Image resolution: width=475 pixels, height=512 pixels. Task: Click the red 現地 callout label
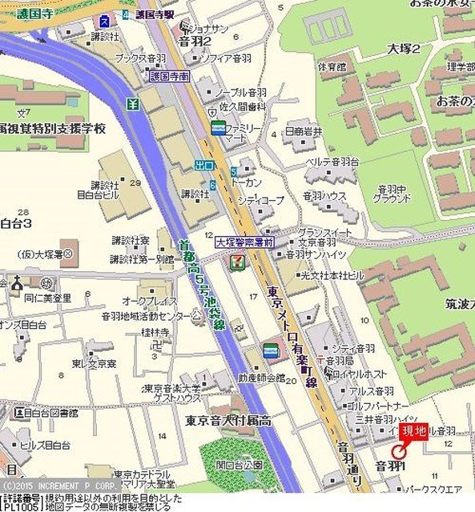pyautogui.click(x=414, y=432)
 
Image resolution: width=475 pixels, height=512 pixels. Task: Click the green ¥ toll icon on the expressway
pyautogui.click(x=133, y=104)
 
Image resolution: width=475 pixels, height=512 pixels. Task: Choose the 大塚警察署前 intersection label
pyautogui.click(x=245, y=241)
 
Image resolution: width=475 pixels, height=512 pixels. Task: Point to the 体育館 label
pyautogui.click(x=331, y=66)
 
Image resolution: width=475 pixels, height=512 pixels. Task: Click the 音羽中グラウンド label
pyautogui.click(x=393, y=194)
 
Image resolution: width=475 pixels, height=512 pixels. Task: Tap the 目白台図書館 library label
pyautogui.click(x=46, y=413)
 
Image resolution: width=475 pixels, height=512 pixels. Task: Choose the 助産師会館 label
pyautogui.click(x=260, y=378)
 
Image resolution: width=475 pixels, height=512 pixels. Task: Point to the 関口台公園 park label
pyautogui.click(x=239, y=464)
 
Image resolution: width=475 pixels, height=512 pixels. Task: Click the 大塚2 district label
pyautogui.click(x=404, y=48)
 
